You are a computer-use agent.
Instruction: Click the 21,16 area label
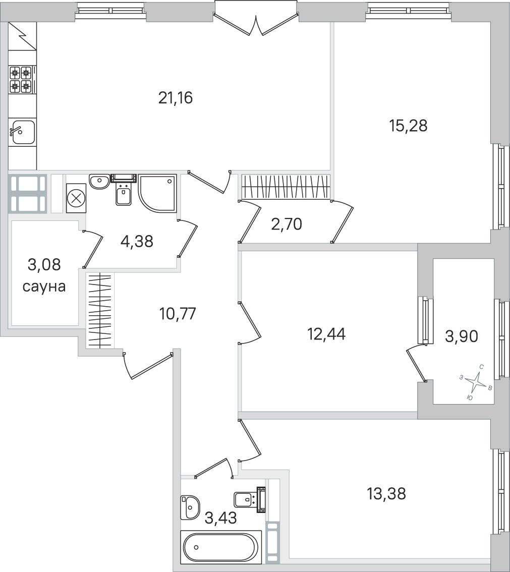pyautogui.click(x=175, y=98)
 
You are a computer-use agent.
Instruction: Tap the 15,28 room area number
pyautogui.click(x=408, y=126)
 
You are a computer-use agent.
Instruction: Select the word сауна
pyautogui.click(x=44, y=287)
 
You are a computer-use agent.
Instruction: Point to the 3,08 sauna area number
pyautogui.click(x=44, y=264)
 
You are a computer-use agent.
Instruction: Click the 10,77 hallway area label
pyautogui.click(x=178, y=313)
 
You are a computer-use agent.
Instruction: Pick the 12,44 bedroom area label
pyautogui.click(x=327, y=334)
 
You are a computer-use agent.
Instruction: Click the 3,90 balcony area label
pyautogui.click(x=462, y=336)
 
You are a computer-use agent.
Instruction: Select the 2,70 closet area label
pyautogui.click(x=287, y=224)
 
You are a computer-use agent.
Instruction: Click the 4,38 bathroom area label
pyautogui.click(x=137, y=241)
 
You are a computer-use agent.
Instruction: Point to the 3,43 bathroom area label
pyautogui.click(x=221, y=518)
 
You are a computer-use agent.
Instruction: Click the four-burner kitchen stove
pyautogui.click(x=21, y=79)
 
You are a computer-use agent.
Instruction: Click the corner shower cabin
pyautogui.click(x=157, y=193)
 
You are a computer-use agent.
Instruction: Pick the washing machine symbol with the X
pyautogui.click(x=76, y=198)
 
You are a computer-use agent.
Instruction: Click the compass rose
pyautogui.click(x=476, y=382)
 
